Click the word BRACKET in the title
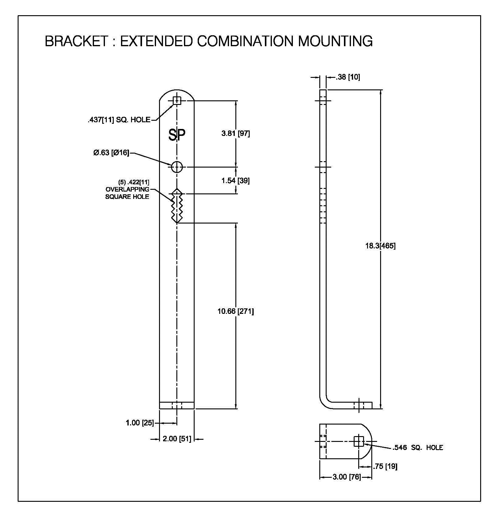(x=76, y=41)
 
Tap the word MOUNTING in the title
(x=335, y=41)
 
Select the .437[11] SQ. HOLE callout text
(x=119, y=120)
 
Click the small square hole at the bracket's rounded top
(x=177, y=100)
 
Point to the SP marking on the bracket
(x=177, y=135)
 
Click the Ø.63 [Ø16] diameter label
(x=111, y=153)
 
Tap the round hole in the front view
(x=177, y=167)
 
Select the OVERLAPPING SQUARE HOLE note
(x=127, y=189)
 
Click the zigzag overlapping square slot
(x=177, y=206)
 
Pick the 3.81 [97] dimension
(x=236, y=134)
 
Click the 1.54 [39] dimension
(x=235, y=181)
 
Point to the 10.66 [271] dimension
(x=236, y=311)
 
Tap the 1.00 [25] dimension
(x=140, y=423)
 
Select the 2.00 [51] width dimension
(x=177, y=439)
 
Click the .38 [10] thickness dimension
(x=348, y=77)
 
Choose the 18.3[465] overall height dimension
(x=380, y=246)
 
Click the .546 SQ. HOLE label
(x=418, y=447)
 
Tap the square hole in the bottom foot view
(x=359, y=441)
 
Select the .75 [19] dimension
(x=386, y=466)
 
